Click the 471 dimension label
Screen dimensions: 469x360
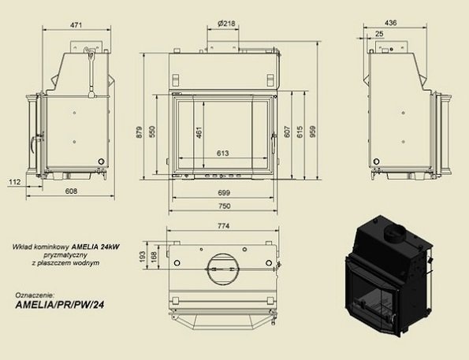76,25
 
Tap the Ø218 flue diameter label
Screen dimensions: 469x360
226,24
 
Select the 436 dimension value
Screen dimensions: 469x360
391,23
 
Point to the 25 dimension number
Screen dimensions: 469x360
379,34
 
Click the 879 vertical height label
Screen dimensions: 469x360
139,132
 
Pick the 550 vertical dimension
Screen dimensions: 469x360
152,132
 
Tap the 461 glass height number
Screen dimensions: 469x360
199,132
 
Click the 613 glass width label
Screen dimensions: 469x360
222,153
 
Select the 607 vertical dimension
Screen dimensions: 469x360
287,132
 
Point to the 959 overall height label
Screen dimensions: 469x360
313,132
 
